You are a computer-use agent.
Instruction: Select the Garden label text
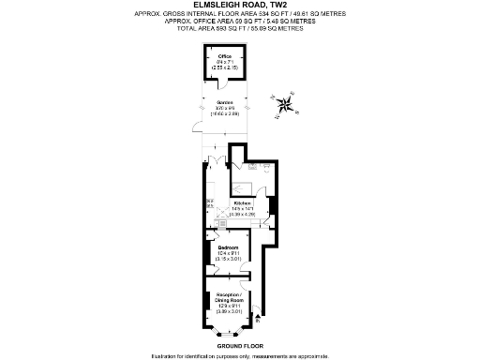(x=225, y=102)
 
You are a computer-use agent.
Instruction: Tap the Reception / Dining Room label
(x=225, y=298)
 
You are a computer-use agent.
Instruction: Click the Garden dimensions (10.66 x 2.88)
(x=225, y=113)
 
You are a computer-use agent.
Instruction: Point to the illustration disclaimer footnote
(x=239, y=355)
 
